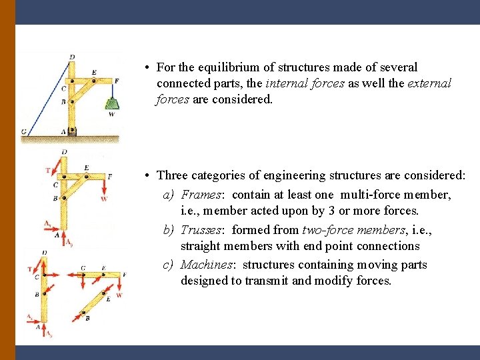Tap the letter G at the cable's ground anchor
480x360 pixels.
[x=24, y=132]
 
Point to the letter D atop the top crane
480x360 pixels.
[x=71, y=57]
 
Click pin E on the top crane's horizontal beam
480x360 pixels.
[x=94, y=80]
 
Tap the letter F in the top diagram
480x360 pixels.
[x=117, y=81]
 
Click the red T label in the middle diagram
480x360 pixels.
[x=47, y=170]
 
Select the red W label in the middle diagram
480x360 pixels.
[x=104, y=199]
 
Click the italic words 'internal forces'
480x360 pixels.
[x=305, y=83]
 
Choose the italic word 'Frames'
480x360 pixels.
[x=202, y=195]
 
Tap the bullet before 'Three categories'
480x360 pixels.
[x=146, y=175]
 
